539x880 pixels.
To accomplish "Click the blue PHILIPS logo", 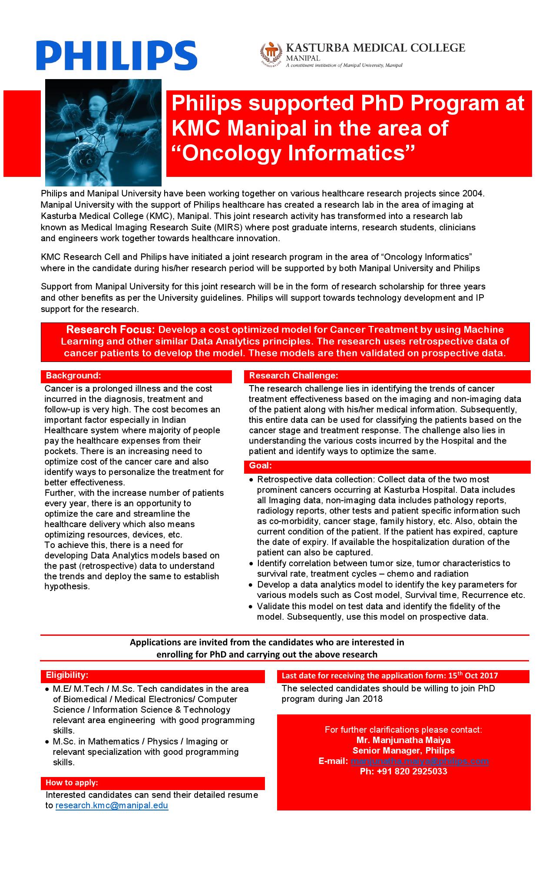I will [116, 55].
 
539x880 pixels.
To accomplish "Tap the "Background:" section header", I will [73, 375].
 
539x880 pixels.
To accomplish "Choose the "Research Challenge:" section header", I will [293, 375].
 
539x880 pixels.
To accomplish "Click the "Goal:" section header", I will [260, 466].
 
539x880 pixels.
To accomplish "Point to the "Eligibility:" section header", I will [67, 675].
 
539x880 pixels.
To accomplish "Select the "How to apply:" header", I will [72, 783].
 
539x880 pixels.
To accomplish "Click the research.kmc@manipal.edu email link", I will [112, 805].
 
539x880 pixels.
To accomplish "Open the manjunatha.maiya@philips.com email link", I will [420, 761].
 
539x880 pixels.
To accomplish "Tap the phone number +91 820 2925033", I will [403, 771].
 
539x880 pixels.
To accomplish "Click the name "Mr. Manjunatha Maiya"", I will [403, 740].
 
